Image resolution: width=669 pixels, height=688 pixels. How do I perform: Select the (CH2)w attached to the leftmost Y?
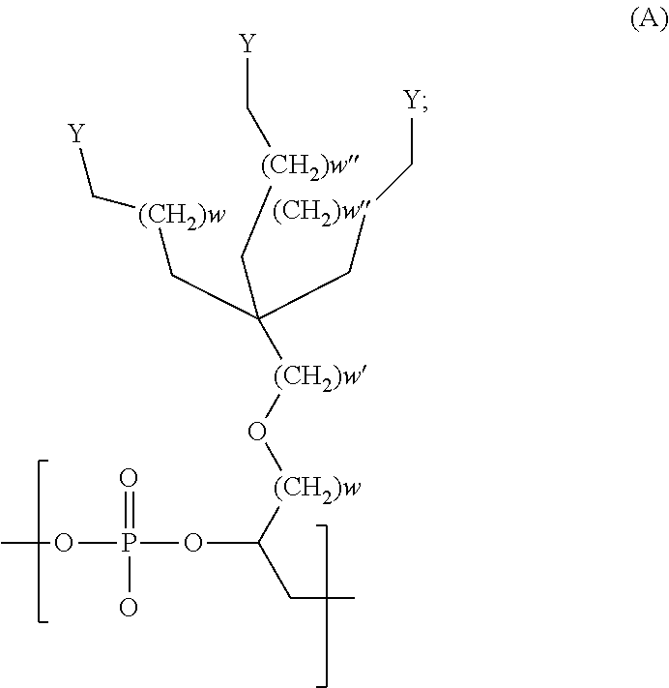coord(181,213)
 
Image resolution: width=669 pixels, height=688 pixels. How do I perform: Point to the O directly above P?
coord(130,479)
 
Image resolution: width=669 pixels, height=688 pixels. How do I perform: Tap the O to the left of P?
coord(64,544)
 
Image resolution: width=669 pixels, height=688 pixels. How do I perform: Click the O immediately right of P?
coord(193,544)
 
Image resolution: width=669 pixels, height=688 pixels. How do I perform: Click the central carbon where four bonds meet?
coord(257,315)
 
